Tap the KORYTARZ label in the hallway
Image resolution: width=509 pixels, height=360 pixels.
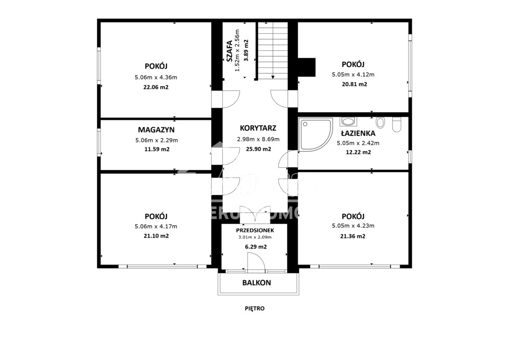click(x=257, y=127)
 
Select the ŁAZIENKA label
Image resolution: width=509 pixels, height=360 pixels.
click(x=358, y=133)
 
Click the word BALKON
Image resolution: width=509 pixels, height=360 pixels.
click(x=256, y=283)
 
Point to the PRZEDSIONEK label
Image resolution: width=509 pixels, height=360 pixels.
click(x=254, y=230)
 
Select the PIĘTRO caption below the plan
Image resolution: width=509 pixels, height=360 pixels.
click(x=255, y=308)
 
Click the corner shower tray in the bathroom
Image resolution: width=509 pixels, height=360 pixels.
click(x=315, y=133)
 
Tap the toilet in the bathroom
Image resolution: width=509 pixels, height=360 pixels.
click(x=396, y=124)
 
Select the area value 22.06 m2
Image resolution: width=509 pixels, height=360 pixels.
click(x=156, y=87)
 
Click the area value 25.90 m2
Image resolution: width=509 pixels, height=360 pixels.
click(x=258, y=149)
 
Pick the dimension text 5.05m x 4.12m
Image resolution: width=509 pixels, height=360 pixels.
click(x=353, y=75)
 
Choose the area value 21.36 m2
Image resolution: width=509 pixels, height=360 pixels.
click(x=353, y=236)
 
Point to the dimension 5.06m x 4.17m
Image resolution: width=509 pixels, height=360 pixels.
click(x=156, y=226)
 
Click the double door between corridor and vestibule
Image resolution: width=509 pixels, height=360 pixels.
click(x=254, y=214)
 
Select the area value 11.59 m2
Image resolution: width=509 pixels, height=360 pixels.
click(x=156, y=149)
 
